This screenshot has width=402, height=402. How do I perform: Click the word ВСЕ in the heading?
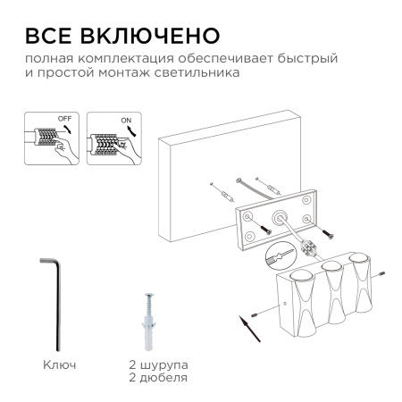point(54,36)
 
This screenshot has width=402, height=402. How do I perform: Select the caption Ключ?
point(60,365)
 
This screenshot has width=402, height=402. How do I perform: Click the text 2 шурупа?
point(157,365)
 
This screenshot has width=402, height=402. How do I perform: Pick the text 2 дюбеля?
point(157,378)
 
